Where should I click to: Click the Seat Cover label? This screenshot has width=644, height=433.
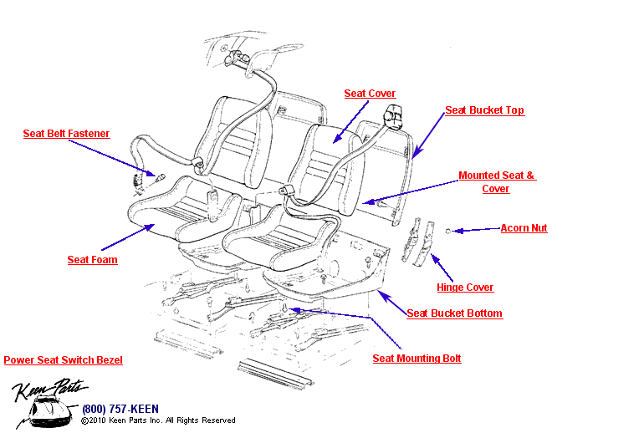(x=370, y=94)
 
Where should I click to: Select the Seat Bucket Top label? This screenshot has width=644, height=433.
(x=484, y=110)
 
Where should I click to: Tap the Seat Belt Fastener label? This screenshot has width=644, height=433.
(x=66, y=134)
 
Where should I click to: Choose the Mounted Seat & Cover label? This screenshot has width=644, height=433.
(x=496, y=182)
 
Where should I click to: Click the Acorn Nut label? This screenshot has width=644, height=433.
(x=524, y=228)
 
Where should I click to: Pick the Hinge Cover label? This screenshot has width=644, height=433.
(x=465, y=288)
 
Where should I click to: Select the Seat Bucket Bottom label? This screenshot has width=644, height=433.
(x=454, y=313)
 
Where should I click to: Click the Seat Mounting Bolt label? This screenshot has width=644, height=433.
(x=417, y=359)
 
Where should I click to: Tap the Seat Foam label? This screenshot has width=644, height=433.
(x=92, y=260)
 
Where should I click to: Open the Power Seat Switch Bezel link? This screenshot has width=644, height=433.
(x=64, y=360)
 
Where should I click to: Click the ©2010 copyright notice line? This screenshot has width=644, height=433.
(x=158, y=420)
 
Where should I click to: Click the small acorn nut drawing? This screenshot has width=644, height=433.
(x=448, y=230)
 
